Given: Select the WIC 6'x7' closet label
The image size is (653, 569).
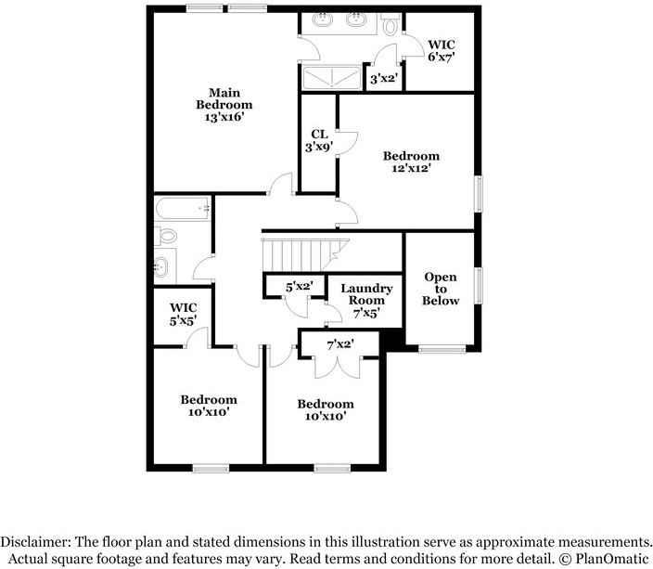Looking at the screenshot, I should click(440, 50).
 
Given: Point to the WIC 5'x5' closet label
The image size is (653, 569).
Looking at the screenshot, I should click(183, 314).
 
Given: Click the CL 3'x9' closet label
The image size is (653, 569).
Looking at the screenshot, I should click(319, 140).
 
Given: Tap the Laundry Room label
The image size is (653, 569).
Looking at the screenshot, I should click(366, 302).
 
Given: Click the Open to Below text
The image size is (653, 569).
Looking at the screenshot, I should click(441, 289).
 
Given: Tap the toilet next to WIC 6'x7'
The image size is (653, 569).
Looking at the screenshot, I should click(391, 26).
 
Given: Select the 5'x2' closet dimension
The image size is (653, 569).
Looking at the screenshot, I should click(299, 287).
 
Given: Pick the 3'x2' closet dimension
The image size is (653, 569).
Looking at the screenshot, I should click(383, 79).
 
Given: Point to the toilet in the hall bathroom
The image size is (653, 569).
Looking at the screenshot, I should click(166, 238).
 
